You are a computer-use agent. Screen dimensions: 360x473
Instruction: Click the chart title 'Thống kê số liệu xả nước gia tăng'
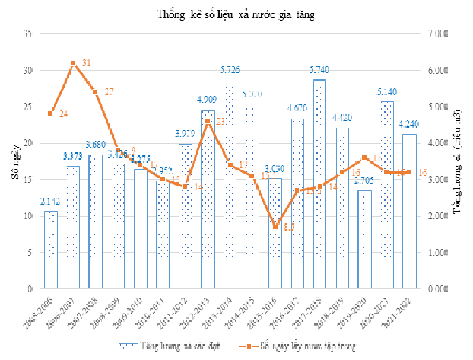click(x=236, y=14)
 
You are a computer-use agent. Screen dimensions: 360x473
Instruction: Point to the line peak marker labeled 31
click(x=73, y=63)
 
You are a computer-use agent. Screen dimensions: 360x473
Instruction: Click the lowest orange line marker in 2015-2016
click(x=275, y=227)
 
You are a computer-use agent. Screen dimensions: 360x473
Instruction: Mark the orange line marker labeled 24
click(x=51, y=114)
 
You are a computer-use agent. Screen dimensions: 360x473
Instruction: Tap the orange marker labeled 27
click(x=95, y=92)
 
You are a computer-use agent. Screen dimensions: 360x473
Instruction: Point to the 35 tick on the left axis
click(x=27, y=34)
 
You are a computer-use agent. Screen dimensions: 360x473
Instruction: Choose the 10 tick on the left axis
click(x=27, y=216)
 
